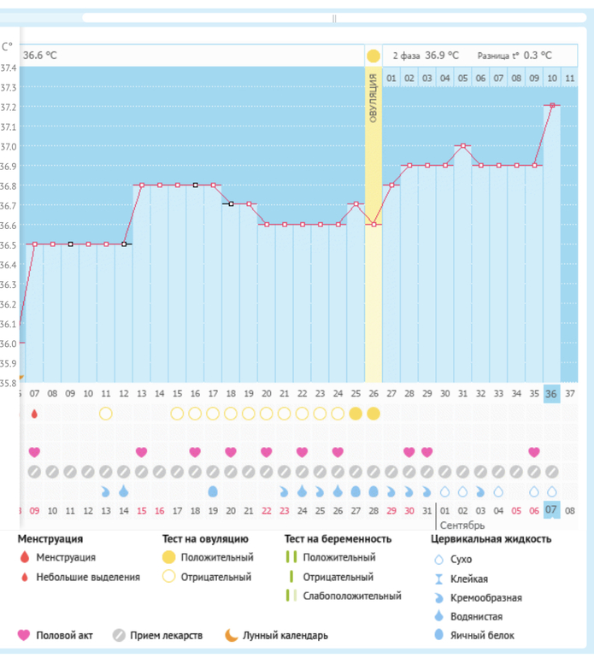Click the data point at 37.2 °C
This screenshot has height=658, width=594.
coord(552,105)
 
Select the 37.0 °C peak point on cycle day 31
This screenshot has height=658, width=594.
coord(462,145)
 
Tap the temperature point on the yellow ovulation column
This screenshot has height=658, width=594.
coord(373,225)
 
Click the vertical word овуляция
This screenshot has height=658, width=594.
coord(373,99)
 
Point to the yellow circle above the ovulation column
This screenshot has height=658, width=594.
coord(373,56)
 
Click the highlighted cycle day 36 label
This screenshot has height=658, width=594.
coord(552,393)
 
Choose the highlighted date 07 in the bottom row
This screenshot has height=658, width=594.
coord(552,510)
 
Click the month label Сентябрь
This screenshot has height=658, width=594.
coord(462,526)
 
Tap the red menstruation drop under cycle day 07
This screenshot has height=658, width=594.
coord(34,414)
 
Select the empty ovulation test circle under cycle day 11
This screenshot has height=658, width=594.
coord(106,414)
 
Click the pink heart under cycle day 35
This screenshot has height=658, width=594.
coord(534,452)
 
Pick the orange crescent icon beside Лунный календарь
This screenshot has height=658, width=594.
coord(231,635)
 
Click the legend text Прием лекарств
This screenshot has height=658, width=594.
coord(169,635)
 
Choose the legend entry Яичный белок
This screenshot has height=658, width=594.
coord(485,635)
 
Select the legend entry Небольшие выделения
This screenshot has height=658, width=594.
coord(87,577)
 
